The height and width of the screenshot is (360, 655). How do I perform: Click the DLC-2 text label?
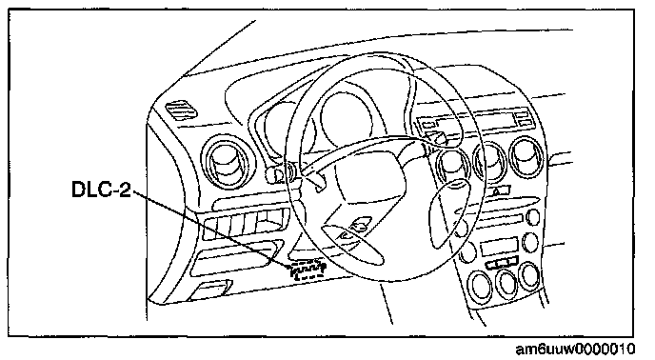click(102, 189)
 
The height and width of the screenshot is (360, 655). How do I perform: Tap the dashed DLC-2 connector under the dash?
click(308, 270)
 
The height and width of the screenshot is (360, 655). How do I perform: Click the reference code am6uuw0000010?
click(576, 349)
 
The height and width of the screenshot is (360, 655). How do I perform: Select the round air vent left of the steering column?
click(228, 162)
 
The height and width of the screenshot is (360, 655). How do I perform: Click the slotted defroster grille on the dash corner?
click(181, 110)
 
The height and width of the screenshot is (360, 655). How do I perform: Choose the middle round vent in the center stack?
click(490, 161)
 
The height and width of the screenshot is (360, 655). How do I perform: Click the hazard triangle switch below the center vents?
click(500, 191)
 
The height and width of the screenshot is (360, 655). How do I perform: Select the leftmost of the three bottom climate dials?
click(481, 285)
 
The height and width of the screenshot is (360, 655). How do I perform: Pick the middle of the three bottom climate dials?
click(506, 284)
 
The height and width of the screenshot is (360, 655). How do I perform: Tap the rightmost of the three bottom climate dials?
click(529, 276)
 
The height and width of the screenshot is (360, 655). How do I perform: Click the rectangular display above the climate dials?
click(499, 247)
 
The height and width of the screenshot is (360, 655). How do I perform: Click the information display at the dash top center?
click(476, 120)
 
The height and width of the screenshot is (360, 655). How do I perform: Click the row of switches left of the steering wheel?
click(247, 224)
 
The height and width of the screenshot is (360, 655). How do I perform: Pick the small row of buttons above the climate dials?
click(503, 264)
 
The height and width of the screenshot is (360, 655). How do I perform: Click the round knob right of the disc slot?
click(533, 217)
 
